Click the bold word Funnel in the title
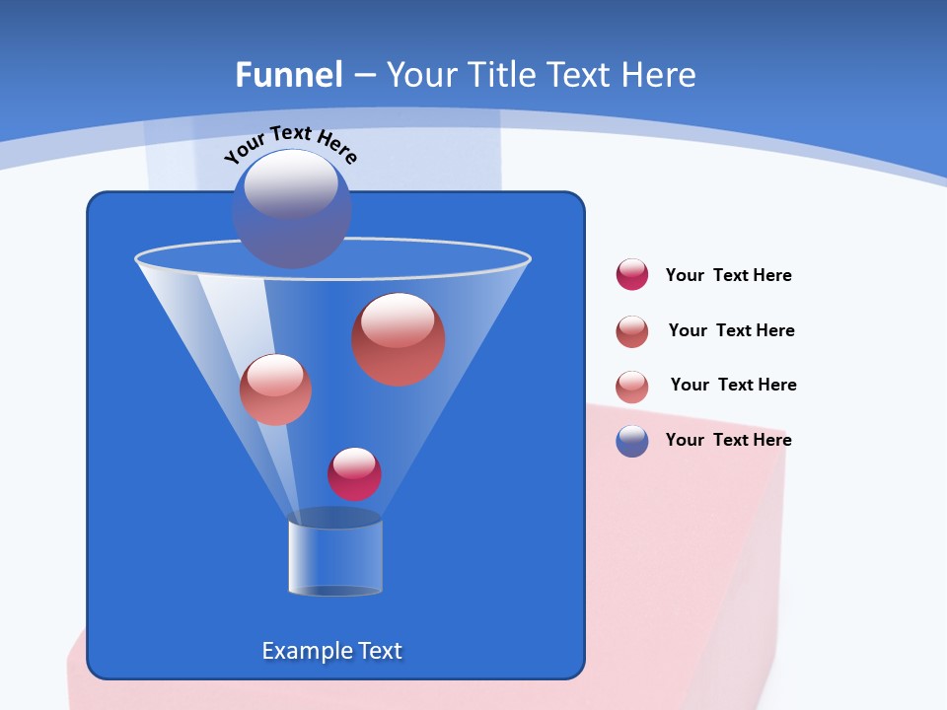click(289, 75)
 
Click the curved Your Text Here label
click(291, 144)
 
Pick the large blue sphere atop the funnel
click(292, 208)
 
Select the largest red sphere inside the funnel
click(399, 338)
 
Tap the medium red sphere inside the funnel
click(275, 390)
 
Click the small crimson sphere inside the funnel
click(354, 473)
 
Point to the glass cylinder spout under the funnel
click(335, 554)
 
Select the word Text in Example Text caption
click(379, 651)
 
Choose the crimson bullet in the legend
click(632, 274)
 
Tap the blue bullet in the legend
click(632, 441)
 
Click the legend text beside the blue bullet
click(728, 440)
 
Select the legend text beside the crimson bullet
click(728, 275)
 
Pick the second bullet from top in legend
click(632, 331)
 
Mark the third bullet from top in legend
click(632, 387)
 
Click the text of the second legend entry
click(731, 330)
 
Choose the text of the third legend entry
click(733, 385)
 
